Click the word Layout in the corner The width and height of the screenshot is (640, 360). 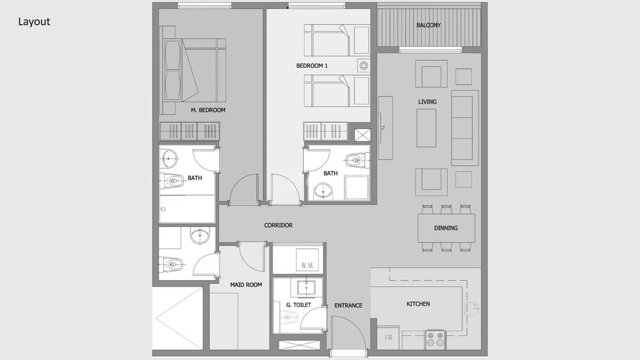click(x=34, y=22)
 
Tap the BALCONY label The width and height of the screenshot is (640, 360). click(x=428, y=25)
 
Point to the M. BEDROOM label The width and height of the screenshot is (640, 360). click(x=208, y=110)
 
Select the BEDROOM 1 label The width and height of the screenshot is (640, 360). click(x=312, y=65)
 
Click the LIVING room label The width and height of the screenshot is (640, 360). click(x=427, y=102)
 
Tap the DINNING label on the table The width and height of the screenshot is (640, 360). click(x=445, y=228)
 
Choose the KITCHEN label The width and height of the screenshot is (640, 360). click(x=418, y=304)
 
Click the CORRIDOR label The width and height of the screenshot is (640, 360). click(x=278, y=225)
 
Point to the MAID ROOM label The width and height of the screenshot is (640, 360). click(x=246, y=284)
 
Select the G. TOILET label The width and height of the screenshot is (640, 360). click(x=298, y=305)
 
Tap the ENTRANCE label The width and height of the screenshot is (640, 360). click(x=348, y=305)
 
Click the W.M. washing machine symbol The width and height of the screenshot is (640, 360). click(x=307, y=260)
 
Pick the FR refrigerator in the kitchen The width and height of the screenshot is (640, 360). click(x=388, y=338)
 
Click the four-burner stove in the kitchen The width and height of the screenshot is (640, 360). click(x=435, y=339)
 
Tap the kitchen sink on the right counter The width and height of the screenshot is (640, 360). click(x=471, y=308)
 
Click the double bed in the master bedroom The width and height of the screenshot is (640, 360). click(x=195, y=70)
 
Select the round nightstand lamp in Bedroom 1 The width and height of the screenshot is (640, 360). click(x=363, y=65)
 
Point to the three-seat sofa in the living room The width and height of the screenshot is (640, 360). click(x=465, y=128)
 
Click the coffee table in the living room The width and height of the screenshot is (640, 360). click(x=426, y=128)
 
